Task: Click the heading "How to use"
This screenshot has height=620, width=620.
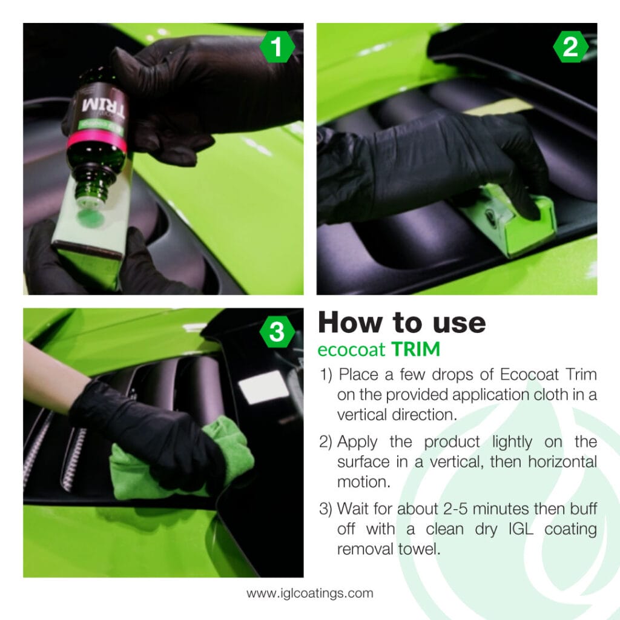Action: pos(401,323)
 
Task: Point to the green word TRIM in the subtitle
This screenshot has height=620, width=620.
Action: pos(416,350)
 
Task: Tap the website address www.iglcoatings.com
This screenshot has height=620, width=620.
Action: pos(309,593)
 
